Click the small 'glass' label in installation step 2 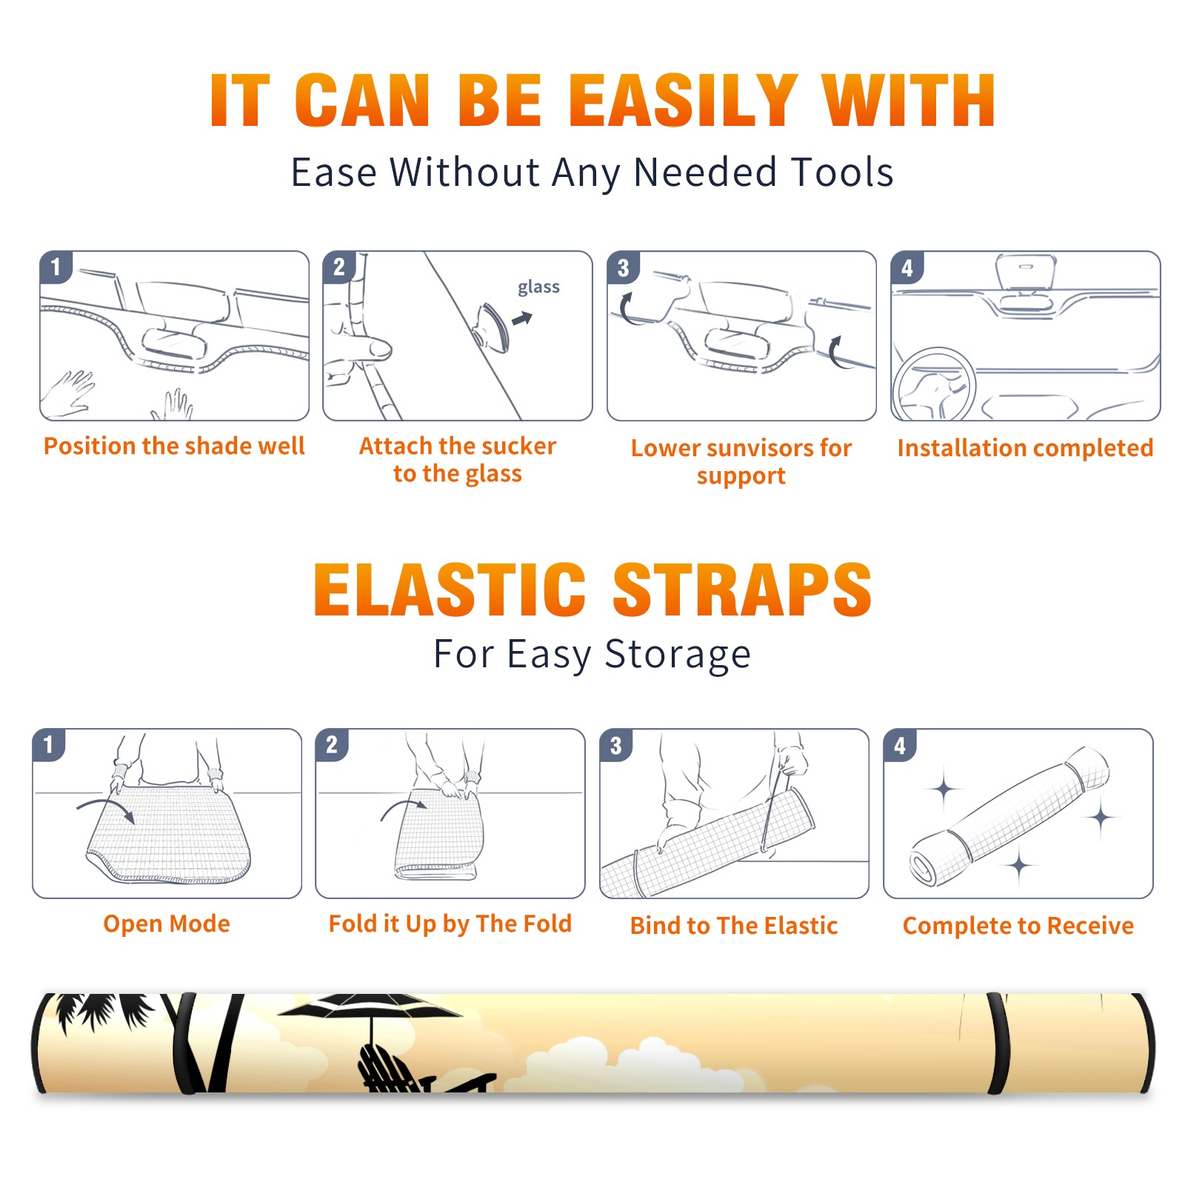point(538,287)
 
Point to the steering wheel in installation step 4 point(934,384)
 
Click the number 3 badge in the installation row point(623,268)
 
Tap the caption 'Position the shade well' point(174,446)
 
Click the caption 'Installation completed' point(1025,447)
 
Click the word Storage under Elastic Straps point(678,655)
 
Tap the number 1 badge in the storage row point(48,744)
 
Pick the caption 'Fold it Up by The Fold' point(450,924)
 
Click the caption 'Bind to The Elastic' point(734,926)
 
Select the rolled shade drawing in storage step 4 point(1009,817)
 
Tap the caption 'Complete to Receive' point(1018,926)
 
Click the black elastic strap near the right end point(999,1044)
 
